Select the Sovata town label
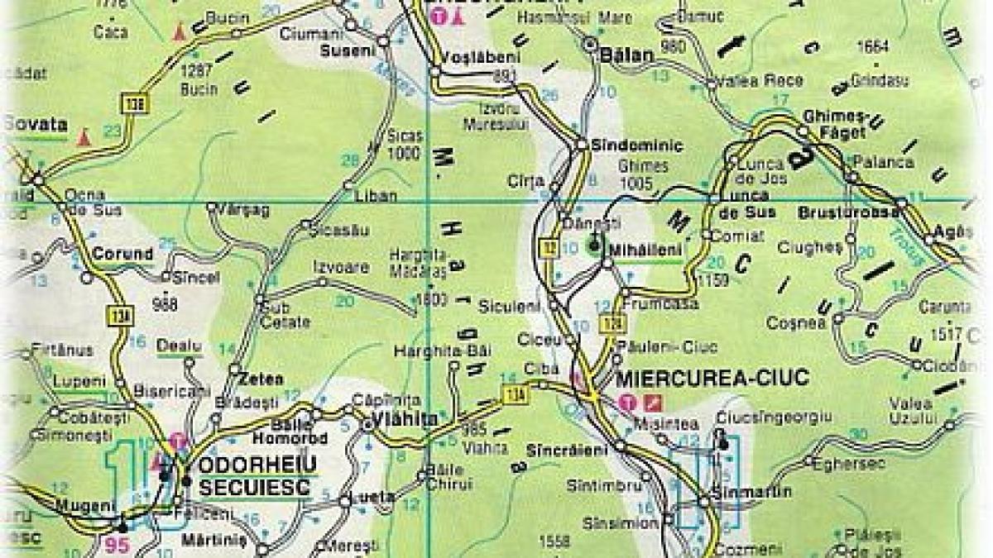(36, 125)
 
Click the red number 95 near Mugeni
(118, 546)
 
